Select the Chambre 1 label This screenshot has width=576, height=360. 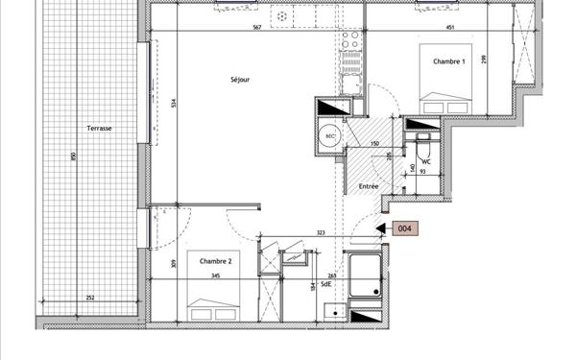(448, 61)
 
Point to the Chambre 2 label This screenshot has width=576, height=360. (216, 260)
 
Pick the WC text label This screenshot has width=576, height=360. (426, 161)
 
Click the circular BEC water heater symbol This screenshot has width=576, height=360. (330, 135)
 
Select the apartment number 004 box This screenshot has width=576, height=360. (405, 228)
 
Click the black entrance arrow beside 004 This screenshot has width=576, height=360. (380, 228)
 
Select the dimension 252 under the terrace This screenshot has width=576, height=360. (89, 298)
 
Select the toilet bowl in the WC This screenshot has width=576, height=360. (422, 150)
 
